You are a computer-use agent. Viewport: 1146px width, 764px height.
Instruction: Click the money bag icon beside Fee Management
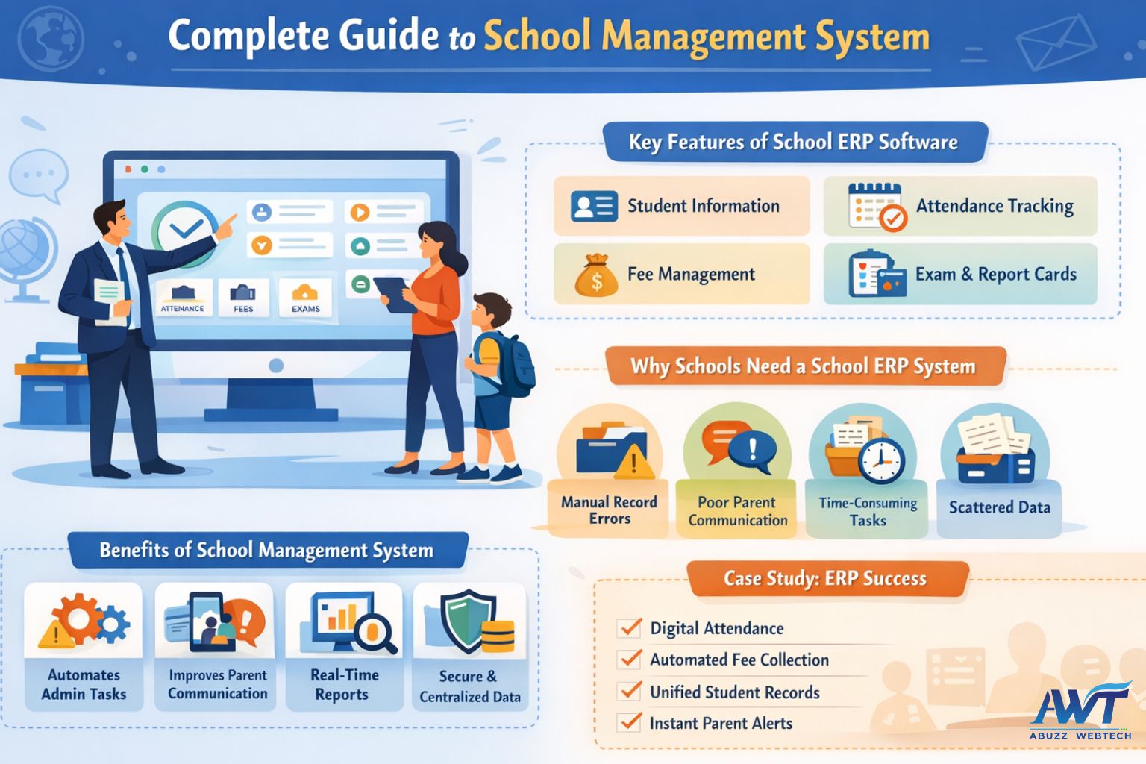pos(596,275)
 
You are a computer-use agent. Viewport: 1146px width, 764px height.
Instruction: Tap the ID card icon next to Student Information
pos(594,206)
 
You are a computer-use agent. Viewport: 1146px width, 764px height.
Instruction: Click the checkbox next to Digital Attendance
pos(630,627)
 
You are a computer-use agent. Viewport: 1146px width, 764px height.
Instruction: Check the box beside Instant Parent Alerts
pos(630,722)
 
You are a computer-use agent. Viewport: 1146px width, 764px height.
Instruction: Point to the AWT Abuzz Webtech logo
pos(1080,711)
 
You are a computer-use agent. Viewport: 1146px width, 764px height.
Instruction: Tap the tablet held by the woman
pos(395,295)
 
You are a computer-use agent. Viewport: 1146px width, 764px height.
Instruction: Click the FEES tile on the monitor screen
pos(243,298)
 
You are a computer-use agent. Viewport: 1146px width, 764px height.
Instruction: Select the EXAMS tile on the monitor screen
pos(305,298)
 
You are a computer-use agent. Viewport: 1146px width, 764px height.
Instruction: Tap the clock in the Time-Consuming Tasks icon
pos(881,460)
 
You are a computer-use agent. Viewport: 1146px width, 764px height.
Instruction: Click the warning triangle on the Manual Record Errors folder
pos(634,462)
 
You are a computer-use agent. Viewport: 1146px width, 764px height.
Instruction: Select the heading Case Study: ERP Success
pos(824,578)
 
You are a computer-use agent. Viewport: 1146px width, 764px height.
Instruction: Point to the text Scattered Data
pos(1000,507)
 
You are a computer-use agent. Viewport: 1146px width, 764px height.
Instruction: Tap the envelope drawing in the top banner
pos(1056,43)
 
